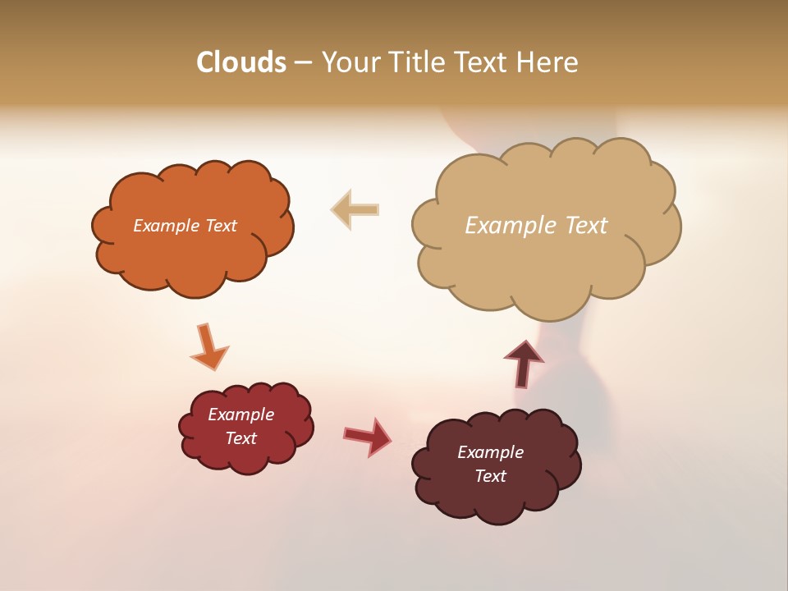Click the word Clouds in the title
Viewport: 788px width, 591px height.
(x=241, y=62)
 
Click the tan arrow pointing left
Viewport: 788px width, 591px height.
(x=355, y=209)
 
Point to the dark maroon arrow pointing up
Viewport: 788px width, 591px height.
(x=524, y=363)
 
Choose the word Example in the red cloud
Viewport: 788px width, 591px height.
(x=241, y=415)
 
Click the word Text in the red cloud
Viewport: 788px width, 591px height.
(x=241, y=438)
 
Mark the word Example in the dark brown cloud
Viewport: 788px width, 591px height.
(x=490, y=452)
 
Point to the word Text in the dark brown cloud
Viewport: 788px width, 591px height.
(x=490, y=476)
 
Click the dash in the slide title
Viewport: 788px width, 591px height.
(x=303, y=63)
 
